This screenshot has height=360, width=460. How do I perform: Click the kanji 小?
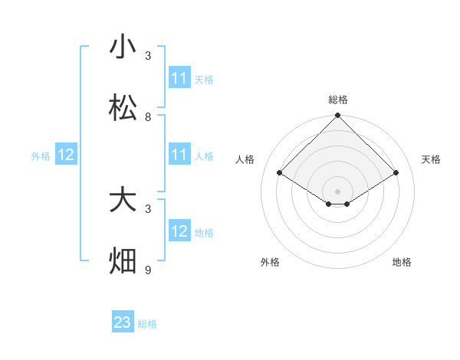pyautogui.click(x=123, y=47)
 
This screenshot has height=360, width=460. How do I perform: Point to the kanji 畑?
pyautogui.click(x=123, y=261)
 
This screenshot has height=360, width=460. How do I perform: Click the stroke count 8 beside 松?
pyautogui.click(x=148, y=116)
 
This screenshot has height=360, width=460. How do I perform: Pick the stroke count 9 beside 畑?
pyautogui.click(x=148, y=270)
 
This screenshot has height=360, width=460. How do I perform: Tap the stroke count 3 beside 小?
pyautogui.click(x=148, y=55)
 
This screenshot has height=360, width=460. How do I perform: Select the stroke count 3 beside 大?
pyautogui.click(x=148, y=208)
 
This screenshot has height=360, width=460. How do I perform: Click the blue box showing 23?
pyautogui.click(x=123, y=322)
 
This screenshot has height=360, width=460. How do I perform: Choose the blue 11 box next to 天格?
pyautogui.click(x=179, y=78)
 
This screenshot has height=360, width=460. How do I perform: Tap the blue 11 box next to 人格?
pyautogui.click(x=179, y=155)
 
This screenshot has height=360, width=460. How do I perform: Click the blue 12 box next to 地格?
pyautogui.click(x=179, y=231)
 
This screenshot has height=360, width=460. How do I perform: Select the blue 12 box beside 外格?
pyautogui.click(x=66, y=155)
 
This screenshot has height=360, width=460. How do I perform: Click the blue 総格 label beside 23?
pyautogui.click(x=148, y=324)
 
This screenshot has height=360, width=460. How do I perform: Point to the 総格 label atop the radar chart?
pyautogui.click(x=338, y=100)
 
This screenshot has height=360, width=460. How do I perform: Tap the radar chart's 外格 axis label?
pyautogui.click(x=270, y=262)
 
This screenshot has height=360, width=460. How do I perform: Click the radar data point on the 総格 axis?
pyautogui.click(x=338, y=116)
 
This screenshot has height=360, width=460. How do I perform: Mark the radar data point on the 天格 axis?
pyautogui.click(x=396, y=173)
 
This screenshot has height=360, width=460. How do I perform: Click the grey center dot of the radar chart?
pyautogui.click(x=338, y=191)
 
